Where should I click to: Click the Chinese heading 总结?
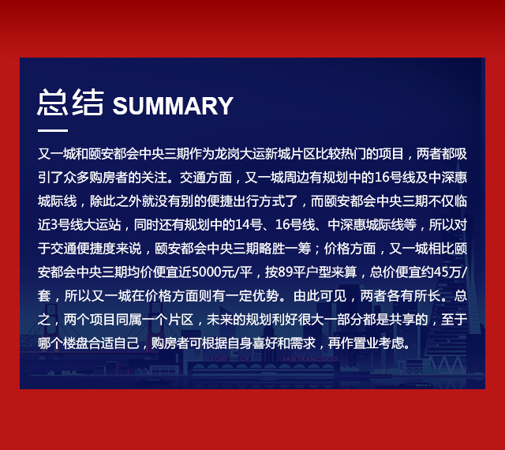[x=70, y=102]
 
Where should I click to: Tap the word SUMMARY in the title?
[x=173, y=106]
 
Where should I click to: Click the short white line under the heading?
[x=53, y=130]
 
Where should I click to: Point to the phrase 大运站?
[x=102, y=225]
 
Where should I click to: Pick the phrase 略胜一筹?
[x=285, y=249]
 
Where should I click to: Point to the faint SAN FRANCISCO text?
[x=309, y=358]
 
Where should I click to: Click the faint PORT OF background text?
[x=230, y=358]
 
